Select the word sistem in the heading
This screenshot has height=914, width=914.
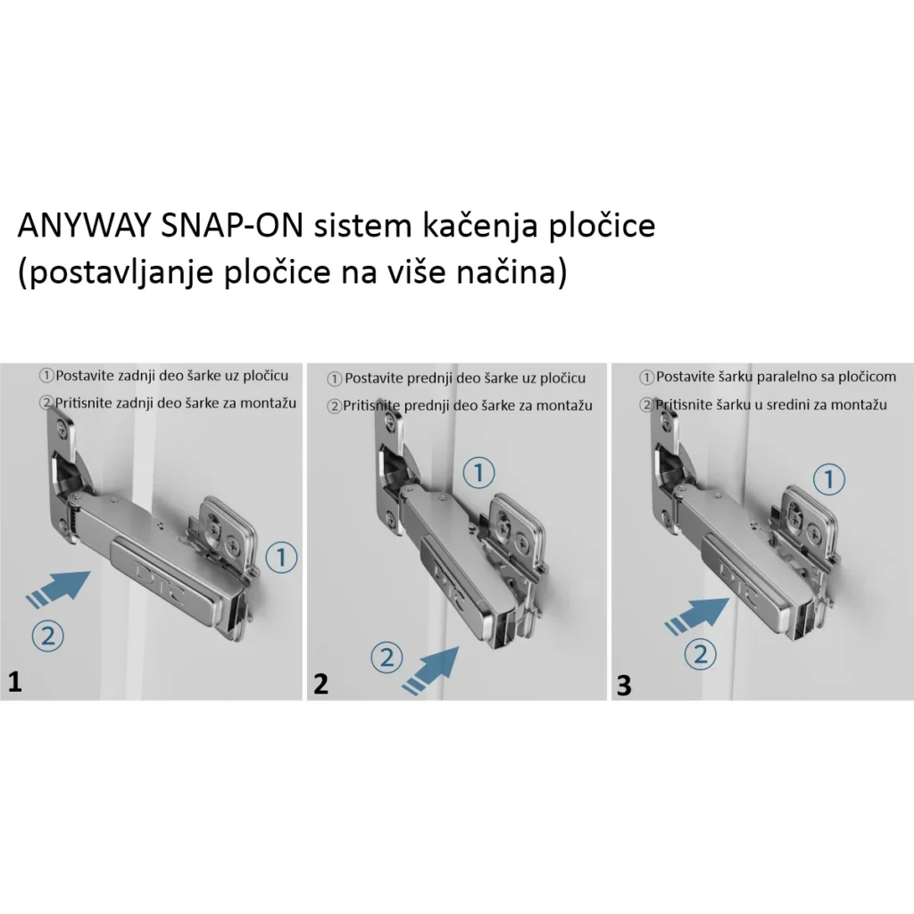pyautogui.click(x=358, y=226)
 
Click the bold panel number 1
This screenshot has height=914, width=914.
pyautogui.click(x=14, y=683)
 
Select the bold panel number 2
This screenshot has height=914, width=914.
pyautogui.click(x=320, y=684)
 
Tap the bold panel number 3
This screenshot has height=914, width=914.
pyautogui.click(x=624, y=685)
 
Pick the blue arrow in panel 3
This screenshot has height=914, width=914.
pyautogui.click(x=699, y=614)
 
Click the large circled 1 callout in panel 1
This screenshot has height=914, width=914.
pyautogui.click(x=280, y=559)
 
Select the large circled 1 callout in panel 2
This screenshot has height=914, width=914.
pyautogui.click(x=480, y=472)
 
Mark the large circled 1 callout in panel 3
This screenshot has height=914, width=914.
pyautogui.click(x=830, y=480)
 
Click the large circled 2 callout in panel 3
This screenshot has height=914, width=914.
pyautogui.click(x=701, y=655)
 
